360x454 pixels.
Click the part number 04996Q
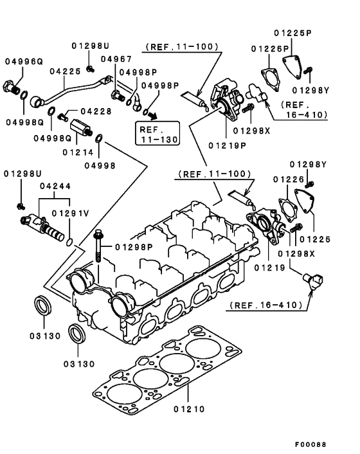(24, 61)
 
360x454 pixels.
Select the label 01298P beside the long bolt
(134, 247)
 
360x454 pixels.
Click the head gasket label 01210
(188, 408)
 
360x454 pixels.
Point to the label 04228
(96, 111)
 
